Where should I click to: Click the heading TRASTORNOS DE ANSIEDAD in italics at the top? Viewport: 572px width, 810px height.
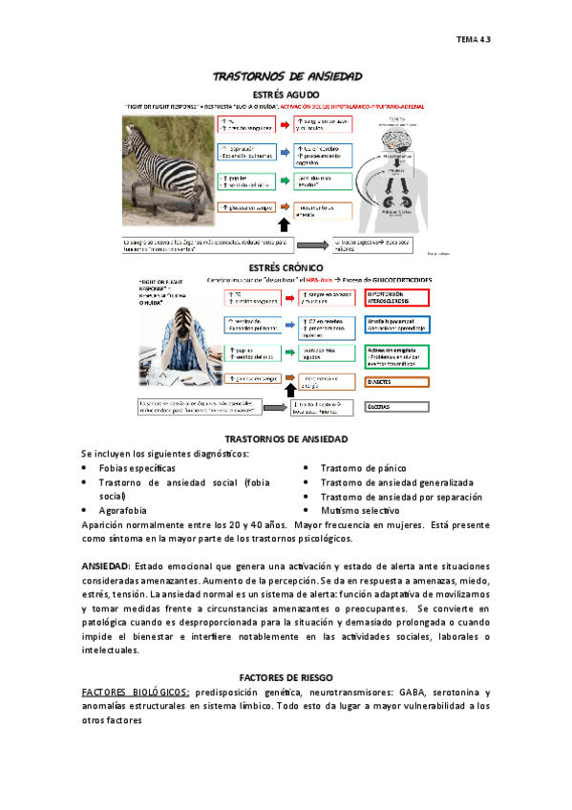click(x=286, y=75)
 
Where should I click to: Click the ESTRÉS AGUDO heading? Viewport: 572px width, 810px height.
click(x=286, y=93)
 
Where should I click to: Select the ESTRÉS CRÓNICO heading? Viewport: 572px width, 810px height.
click(x=285, y=267)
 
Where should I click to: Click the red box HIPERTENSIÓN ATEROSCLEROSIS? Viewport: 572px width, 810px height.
click(x=398, y=298)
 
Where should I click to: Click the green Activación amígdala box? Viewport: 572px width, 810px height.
click(x=398, y=355)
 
